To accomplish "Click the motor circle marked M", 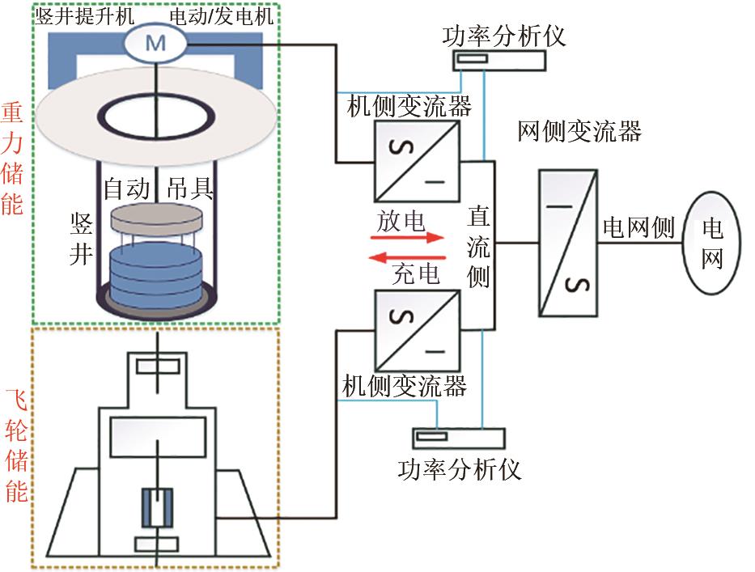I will click(x=155, y=44).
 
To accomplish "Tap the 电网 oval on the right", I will click(x=713, y=243).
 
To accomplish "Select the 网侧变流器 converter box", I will click(x=568, y=243).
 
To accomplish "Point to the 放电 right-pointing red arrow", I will click(x=409, y=238).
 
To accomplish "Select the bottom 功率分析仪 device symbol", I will click(x=458, y=437).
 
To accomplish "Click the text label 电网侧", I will click(x=638, y=229).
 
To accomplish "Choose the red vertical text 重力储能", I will click(x=12, y=159).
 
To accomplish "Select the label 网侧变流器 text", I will click(x=579, y=131).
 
